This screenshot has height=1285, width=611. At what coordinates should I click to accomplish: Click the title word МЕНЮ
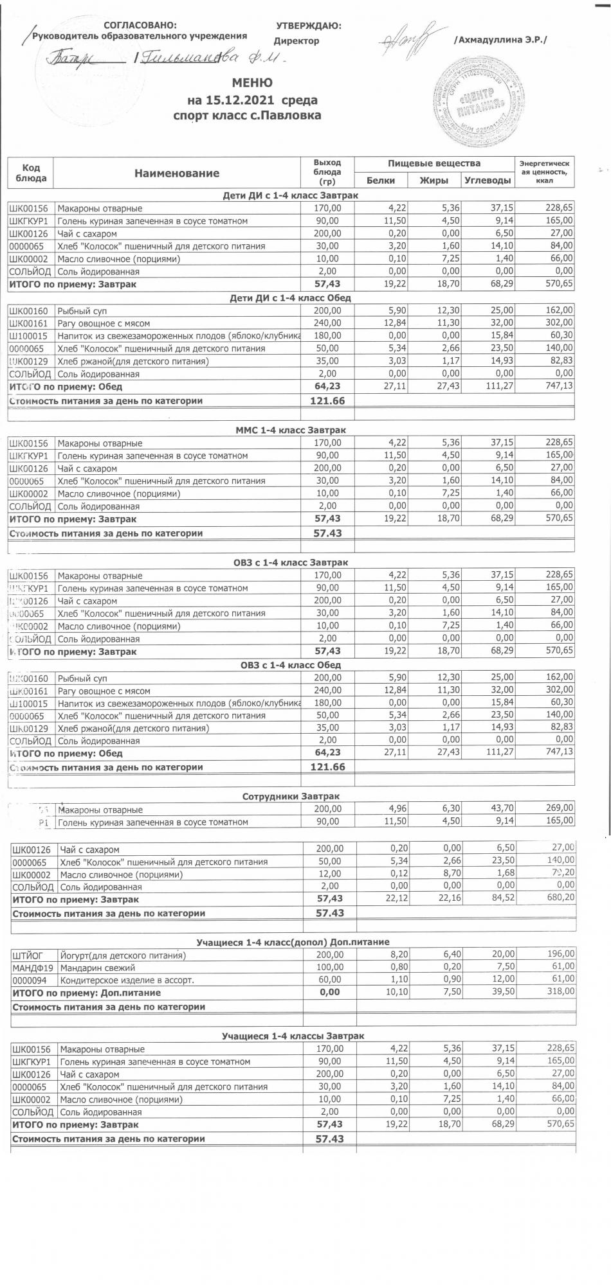[251, 83]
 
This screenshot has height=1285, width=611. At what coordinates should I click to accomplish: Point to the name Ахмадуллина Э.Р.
[500, 40]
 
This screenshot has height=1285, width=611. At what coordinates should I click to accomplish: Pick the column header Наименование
[177, 173]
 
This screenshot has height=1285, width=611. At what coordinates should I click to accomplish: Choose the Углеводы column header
[488, 181]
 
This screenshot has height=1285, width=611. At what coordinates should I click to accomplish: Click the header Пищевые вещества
[434, 163]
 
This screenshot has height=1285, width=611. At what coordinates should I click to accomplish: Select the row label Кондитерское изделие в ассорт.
[127, 980]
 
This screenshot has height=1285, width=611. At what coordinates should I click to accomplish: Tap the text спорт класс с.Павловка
[247, 116]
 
